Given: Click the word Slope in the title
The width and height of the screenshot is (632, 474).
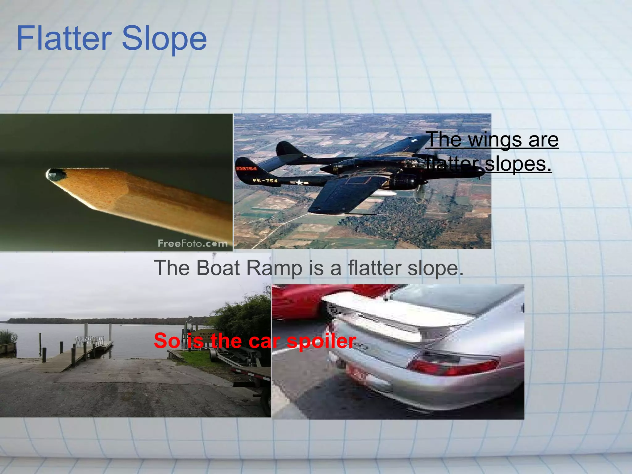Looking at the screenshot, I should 164,39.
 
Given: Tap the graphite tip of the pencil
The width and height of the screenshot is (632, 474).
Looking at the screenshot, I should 56,175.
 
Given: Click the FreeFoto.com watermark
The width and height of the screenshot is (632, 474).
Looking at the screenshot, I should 193,243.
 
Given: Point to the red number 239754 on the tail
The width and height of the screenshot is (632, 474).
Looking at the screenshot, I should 246,168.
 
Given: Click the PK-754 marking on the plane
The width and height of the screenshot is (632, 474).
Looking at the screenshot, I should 265,181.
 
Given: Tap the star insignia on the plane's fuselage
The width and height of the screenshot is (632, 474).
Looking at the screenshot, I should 299,182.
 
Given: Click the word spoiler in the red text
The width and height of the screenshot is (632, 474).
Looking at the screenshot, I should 321,341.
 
